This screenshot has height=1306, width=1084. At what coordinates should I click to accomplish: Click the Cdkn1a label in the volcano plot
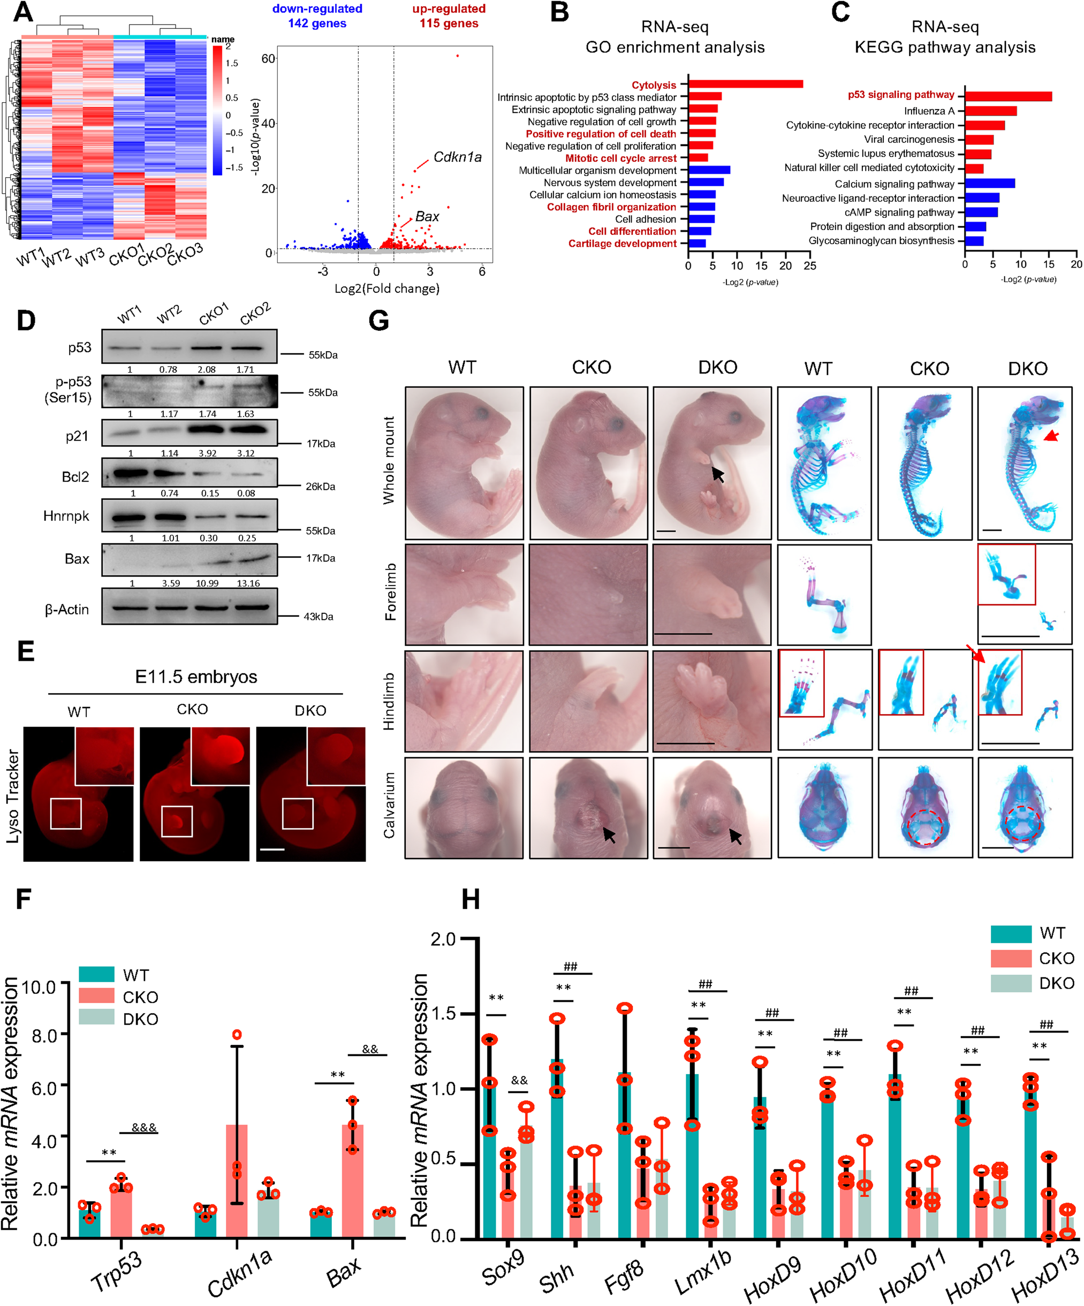(457, 157)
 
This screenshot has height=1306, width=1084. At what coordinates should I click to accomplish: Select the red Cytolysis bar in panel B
(745, 84)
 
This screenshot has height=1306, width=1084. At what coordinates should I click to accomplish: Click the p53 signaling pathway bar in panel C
(1007, 96)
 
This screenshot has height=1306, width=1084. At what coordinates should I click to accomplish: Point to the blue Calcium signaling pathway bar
(989, 184)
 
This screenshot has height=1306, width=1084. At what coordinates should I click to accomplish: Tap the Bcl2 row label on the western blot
(75, 477)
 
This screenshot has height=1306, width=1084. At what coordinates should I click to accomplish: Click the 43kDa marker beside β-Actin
(319, 616)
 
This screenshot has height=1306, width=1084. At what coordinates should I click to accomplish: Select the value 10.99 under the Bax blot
(207, 583)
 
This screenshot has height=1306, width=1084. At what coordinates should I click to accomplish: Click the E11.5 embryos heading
(196, 677)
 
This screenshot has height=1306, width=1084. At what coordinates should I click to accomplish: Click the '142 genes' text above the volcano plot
(317, 24)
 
